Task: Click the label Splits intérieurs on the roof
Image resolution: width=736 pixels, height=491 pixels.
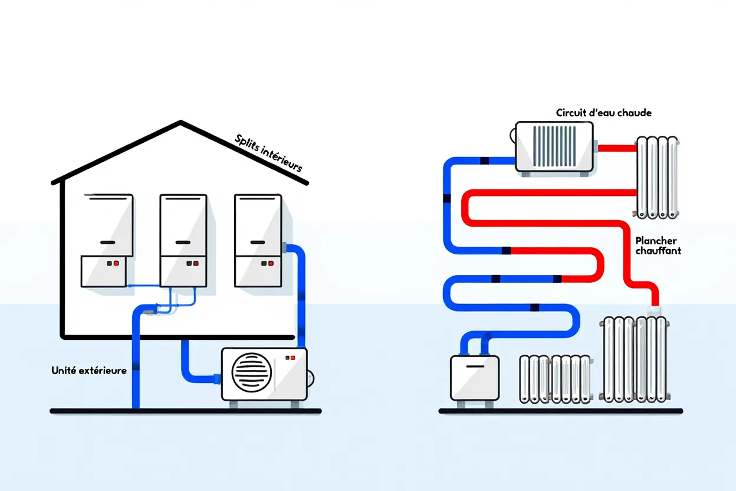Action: coord(268,153)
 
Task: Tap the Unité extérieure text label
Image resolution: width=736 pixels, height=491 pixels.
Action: coord(89,371)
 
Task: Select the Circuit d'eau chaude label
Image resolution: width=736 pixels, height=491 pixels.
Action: coord(603,113)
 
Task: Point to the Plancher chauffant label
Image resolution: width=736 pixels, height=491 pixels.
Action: coord(658,245)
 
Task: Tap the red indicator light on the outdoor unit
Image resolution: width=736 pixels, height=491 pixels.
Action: coord(293,358)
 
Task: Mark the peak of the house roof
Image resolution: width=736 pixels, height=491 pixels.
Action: coord(180,122)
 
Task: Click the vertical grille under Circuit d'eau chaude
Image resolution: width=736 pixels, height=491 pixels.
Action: coord(554,146)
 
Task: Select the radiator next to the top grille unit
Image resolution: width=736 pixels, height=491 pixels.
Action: coord(657,177)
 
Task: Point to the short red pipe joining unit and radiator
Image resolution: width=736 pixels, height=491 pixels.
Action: coord(616,148)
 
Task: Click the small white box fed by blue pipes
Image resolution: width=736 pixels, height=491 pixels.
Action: coord(474,378)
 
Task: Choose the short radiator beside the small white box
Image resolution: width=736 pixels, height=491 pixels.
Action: coord(555,379)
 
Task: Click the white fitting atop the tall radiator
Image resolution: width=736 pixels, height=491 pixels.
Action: coord(654,310)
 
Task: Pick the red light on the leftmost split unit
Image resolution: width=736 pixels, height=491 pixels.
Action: coord(116,263)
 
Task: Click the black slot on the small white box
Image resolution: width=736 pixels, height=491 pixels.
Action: coord(474,365)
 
